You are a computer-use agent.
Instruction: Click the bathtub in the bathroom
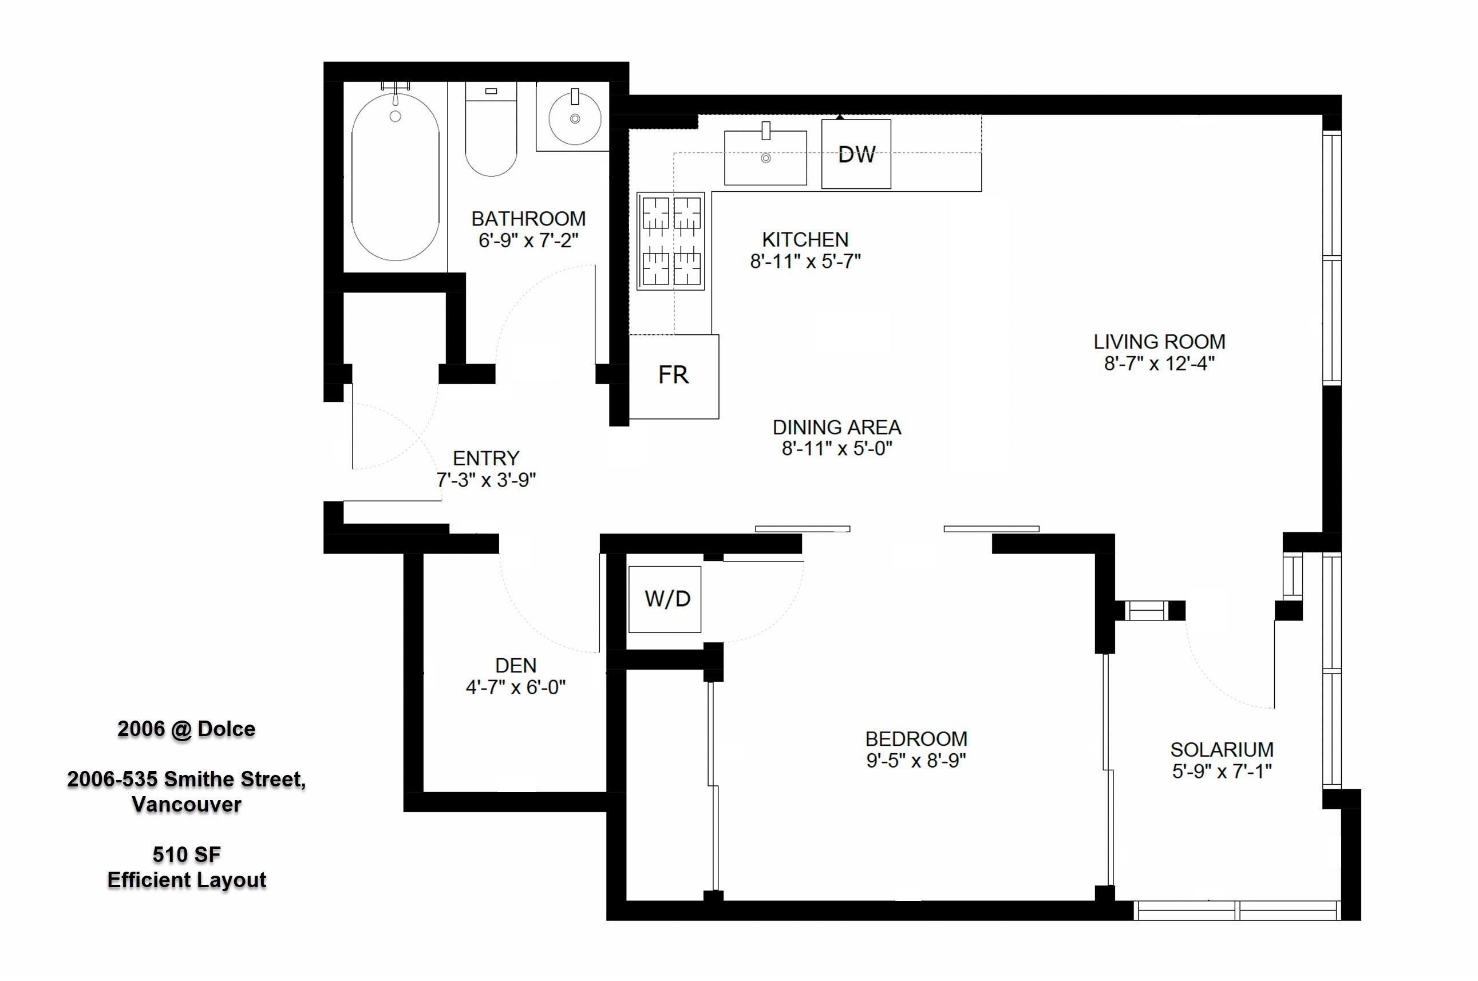[x=395, y=177]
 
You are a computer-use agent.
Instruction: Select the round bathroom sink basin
[x=575, y=118]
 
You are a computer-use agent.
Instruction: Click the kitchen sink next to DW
[x=765, y=157]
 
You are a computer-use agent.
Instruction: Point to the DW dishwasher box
[x=856, y=154]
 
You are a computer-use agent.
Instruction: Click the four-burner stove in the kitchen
[x=671, y=241]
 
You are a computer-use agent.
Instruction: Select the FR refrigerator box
[x=674, y=377]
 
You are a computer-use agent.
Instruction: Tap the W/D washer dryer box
[x=665, y=599]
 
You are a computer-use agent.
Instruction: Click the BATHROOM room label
[x=529, y=219]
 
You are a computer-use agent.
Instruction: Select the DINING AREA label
[x=837, y=428]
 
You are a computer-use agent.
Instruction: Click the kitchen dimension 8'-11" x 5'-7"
[x=805, y=261]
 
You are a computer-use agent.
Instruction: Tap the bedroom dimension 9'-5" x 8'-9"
[x=916, y=760]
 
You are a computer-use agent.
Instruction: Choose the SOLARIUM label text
[x=1222, y=750]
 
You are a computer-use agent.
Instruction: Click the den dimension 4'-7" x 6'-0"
[x=516, y=687]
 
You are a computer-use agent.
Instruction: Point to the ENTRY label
[x=486, y=458]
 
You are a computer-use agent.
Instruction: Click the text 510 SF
[x=187, y=854]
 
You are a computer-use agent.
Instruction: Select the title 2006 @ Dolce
[x=187, y=729]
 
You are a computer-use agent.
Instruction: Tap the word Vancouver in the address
[x=187, y=804]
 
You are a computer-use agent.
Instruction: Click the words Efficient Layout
[x=187, y=880]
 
